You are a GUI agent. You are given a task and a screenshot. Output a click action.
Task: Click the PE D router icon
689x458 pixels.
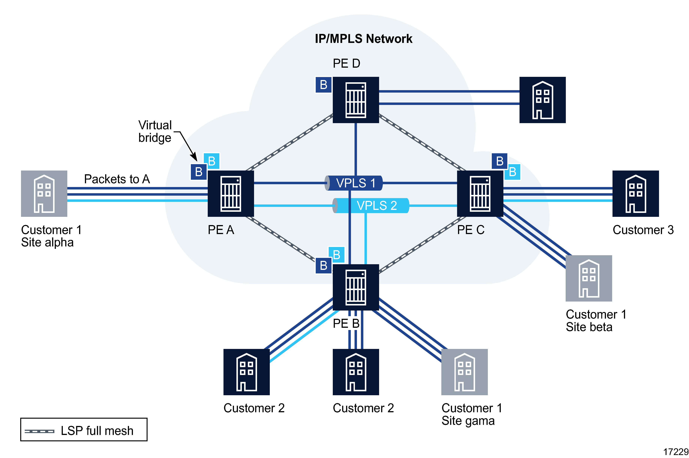tap(356, 100)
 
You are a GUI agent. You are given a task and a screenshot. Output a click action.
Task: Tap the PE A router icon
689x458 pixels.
tap(231, 193)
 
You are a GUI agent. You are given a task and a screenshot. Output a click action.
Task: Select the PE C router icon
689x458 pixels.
tap(480, 193)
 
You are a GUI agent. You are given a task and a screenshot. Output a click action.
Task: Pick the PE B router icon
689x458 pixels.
tap(356, 287)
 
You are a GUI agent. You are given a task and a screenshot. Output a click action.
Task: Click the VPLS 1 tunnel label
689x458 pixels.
tap(355, 183)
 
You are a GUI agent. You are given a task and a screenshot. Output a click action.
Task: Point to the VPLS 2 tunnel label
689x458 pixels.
tap(376, 206)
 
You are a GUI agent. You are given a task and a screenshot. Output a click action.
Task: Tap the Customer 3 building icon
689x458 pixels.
tap(635, 193)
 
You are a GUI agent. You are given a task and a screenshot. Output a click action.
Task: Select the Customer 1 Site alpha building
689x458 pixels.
tap(44, 193)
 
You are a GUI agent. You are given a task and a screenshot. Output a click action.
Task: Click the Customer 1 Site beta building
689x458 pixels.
tap(589, 278)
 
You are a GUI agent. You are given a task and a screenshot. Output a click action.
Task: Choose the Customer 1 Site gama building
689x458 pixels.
tap(464, 372)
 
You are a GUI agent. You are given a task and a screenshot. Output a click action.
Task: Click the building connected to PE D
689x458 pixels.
tap(542, 100)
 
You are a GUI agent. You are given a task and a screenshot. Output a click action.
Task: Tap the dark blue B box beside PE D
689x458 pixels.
tap(323, 85)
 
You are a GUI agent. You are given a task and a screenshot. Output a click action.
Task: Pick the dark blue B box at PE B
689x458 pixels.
tap(323, 266)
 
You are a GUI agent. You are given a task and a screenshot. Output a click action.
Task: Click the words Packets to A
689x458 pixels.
tap(117, 179)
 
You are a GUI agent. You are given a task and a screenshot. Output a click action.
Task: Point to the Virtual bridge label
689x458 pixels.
tap(155, 131)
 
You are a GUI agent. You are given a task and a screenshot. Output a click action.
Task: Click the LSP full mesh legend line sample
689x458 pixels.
tap(39, 431)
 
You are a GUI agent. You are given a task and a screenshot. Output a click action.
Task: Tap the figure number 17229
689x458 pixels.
tap(676, 452)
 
